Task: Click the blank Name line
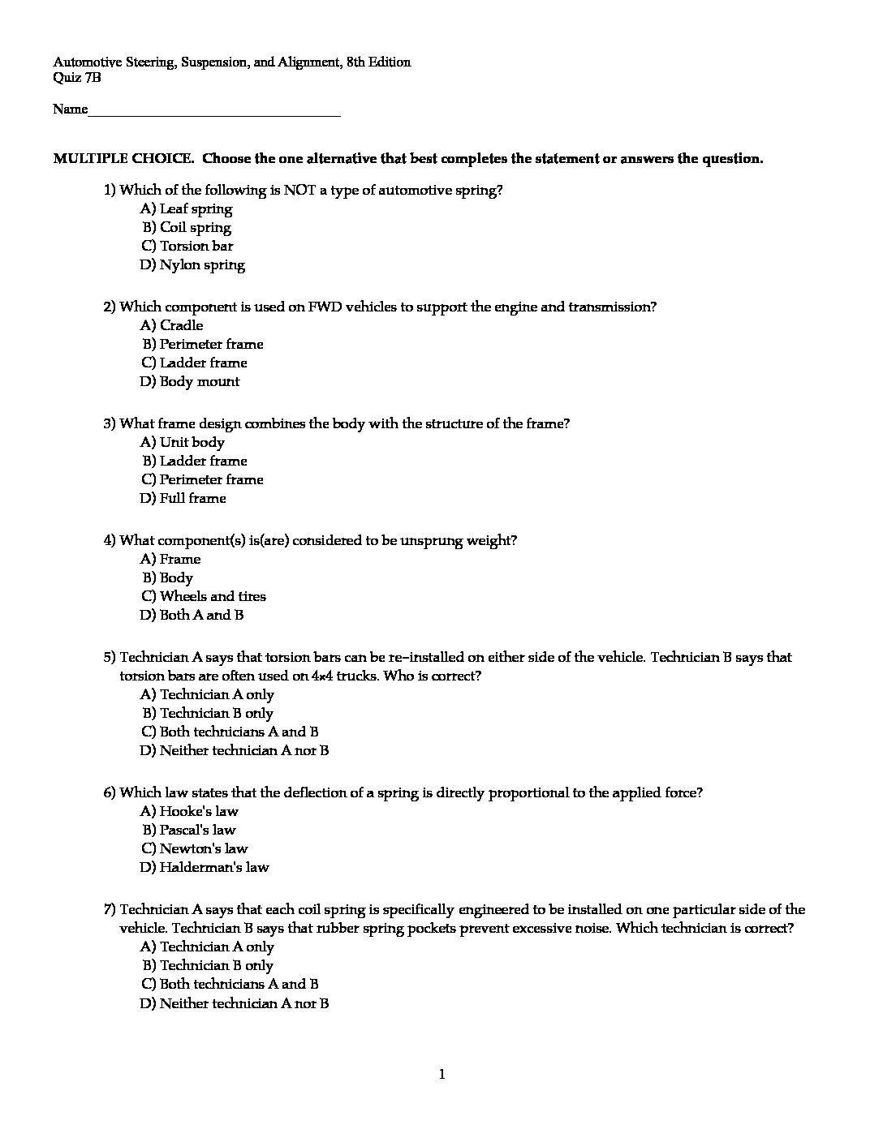tap(214, 111)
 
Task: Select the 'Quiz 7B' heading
tap(77, 78)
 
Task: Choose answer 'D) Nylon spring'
tap(192, 265)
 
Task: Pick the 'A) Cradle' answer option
tap(171, 326)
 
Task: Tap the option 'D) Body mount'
tap(190, 382)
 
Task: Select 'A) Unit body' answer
tap(183, 443)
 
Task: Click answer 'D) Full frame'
tap(183, 499)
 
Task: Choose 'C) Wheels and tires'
tap(203, 597)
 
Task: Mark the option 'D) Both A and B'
tap(192, 616)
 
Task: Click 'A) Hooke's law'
tap(189, 812)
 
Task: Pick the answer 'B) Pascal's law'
tap(188, 831)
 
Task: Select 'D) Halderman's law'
tap(204, 868)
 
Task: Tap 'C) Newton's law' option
tap(194, 849)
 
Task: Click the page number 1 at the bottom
tap(441, 1075)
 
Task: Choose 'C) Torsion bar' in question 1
tap(187, 247)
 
